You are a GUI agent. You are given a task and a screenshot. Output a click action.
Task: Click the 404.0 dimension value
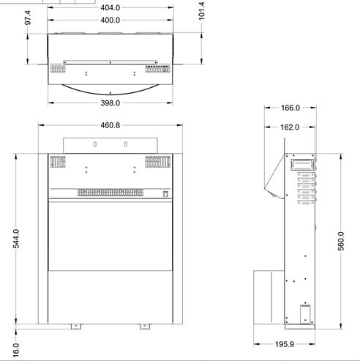(110, 8)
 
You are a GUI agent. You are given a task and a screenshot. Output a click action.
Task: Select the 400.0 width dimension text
(110, 20)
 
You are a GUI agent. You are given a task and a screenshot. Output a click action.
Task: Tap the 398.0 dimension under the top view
(110, 103)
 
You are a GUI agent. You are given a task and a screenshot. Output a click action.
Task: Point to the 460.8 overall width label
(110, 125)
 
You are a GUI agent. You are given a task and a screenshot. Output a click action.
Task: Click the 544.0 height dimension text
(16, 239)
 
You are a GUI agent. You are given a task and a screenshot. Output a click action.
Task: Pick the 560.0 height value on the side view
(341, 241)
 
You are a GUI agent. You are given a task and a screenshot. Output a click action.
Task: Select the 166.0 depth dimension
(290, 108)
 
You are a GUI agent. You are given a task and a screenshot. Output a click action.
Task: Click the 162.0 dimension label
(290, 127)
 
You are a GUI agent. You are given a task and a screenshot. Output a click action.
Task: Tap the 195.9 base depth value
(285, 344)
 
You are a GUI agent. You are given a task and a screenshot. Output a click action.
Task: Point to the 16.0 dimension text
(15, 350)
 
